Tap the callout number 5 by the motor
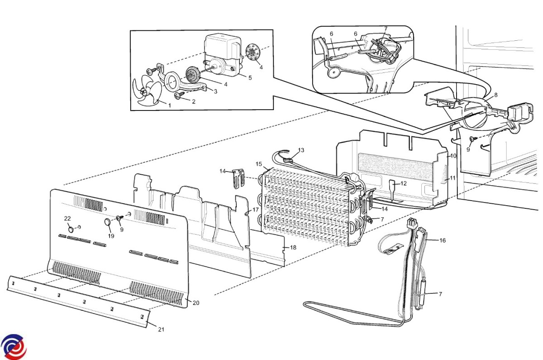pos(250,77)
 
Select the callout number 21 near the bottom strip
pos(161,330)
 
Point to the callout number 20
pos(195,303)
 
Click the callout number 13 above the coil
pos(301,150)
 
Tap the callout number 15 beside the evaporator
pos(259,164)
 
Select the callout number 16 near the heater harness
pos(442,240)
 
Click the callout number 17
pos(255,210)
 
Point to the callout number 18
pos(293,247)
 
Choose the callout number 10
pos(453,156)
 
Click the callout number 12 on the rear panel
pos(404,183)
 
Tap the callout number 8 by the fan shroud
pos(495,95)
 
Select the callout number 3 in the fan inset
pos(215,91)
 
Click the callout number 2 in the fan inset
pos(193,101)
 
